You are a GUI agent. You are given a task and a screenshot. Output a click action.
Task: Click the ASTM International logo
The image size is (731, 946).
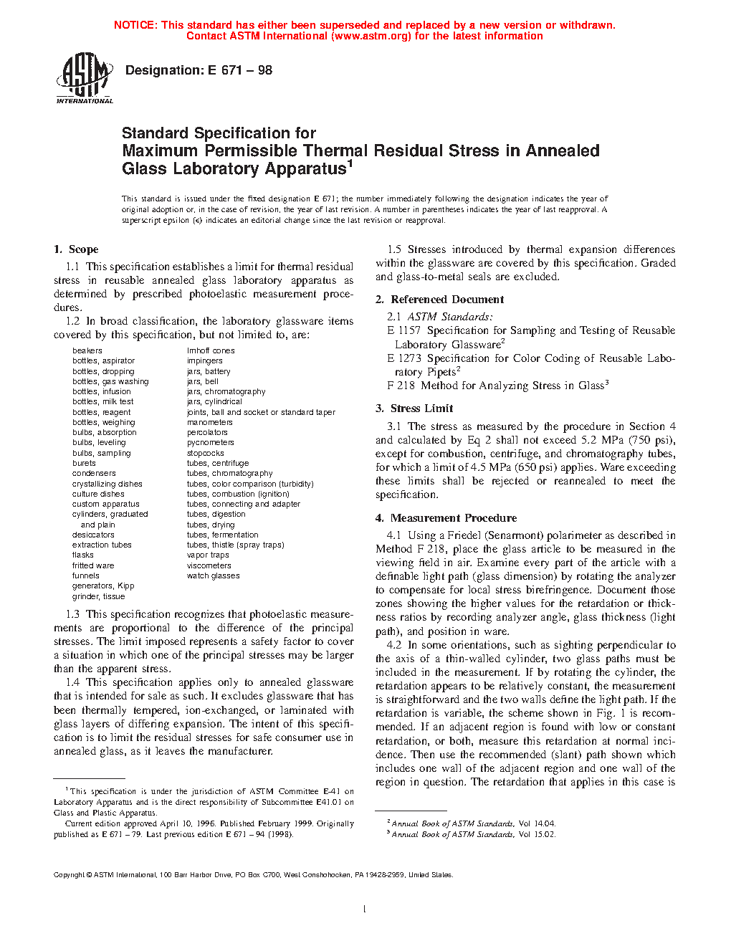[x=85, y=79]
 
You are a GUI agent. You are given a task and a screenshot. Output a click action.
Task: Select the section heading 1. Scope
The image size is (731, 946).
[x=76, y=249]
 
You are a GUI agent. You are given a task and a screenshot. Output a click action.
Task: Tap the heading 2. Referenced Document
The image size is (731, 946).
[x=439, y=300]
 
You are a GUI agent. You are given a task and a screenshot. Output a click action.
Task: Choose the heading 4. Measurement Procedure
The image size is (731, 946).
[x=446, y=518]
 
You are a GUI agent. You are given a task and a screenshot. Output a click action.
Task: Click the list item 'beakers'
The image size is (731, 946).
[x=87, y=350]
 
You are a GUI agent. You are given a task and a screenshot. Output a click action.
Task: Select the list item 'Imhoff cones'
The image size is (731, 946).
[x=211, y=350]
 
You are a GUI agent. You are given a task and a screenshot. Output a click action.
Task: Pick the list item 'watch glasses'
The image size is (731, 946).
[x=213, y=575]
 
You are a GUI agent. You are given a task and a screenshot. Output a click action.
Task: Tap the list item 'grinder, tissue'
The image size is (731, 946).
[x=98, y=596]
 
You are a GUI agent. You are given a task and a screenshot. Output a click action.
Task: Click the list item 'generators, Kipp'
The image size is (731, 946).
[x=103, y=586]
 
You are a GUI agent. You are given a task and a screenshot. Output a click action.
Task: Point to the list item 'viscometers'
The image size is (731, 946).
[x=209, y=565]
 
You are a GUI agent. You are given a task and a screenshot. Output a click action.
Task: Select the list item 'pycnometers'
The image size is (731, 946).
[x=210, y=443]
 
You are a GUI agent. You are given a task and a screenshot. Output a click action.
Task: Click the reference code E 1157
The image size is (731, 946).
[x=403, y=330]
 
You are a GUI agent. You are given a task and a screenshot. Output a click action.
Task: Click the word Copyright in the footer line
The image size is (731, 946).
[x=69, y=875]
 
